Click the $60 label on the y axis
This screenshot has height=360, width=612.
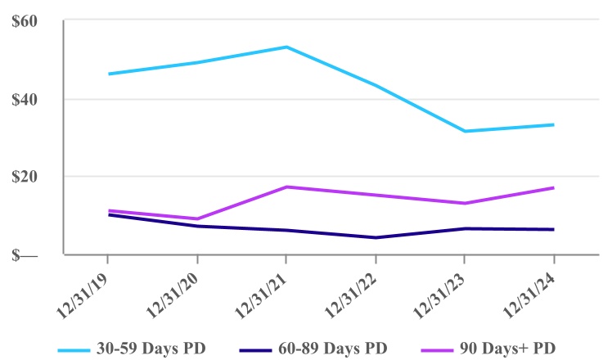[x=24, y=21]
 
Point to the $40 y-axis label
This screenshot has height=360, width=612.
[x=24, y=99]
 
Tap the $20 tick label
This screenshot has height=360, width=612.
[x=24, y=177]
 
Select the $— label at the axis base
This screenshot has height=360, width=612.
[x=24, y=254]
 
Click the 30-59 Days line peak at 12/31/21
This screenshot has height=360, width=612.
[x=286, y=47]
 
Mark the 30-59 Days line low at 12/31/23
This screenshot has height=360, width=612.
[x=465, y=131]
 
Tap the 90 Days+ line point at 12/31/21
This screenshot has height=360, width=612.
[x=286, y=187]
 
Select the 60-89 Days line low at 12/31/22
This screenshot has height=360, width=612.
[x=376, y=237]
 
